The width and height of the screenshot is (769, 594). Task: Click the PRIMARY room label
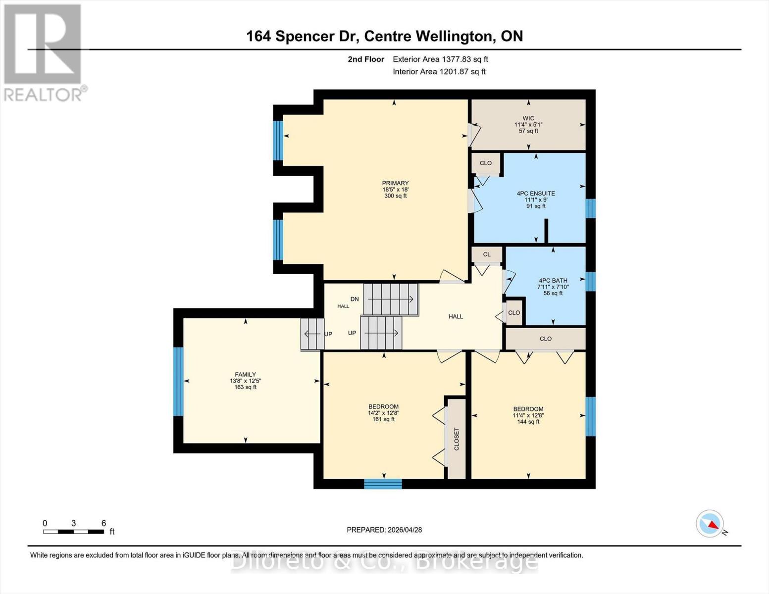(395, 184)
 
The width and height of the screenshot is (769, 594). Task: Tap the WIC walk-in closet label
(528, 118)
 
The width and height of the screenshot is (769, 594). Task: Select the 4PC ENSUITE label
(536, 194)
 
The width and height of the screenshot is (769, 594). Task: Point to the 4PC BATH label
(553, 281)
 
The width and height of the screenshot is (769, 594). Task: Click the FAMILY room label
(245, 375)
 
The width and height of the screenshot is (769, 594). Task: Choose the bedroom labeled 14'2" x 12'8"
(383, 413)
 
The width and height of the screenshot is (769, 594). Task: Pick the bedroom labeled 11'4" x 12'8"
(528, 415)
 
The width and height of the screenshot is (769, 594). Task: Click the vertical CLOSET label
(457, 439)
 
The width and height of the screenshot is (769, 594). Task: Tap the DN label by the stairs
(355, 299)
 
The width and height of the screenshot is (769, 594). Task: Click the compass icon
(710, 524)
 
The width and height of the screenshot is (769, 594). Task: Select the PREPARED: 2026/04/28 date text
(384, 530)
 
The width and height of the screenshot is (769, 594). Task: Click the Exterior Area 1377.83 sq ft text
(440, 59)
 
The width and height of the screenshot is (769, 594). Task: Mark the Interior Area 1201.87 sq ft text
(439, 72)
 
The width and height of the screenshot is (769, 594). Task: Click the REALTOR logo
(44, 52)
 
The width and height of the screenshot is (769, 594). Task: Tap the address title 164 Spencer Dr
(384, 36)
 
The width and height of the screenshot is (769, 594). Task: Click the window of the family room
(178, 381)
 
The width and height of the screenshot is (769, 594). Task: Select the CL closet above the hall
(487, 254)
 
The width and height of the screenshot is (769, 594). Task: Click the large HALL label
(456, 316)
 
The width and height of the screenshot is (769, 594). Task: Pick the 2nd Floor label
(366, 59)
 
